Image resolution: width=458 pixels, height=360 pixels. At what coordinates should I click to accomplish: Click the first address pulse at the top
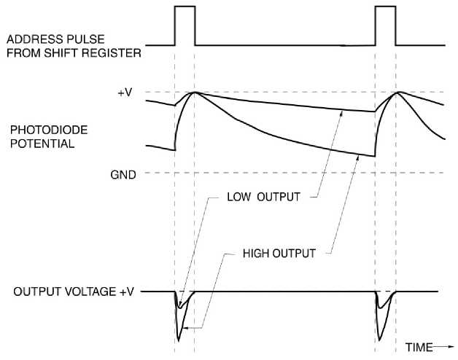(x=185, y=26)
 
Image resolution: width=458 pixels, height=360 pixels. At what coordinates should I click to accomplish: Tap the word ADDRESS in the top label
(x=34, y=39)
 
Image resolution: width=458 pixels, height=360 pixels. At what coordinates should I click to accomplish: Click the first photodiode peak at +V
(x=193, y=93)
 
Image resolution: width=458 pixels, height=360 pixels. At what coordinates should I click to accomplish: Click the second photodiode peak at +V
(x=395, y=93)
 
